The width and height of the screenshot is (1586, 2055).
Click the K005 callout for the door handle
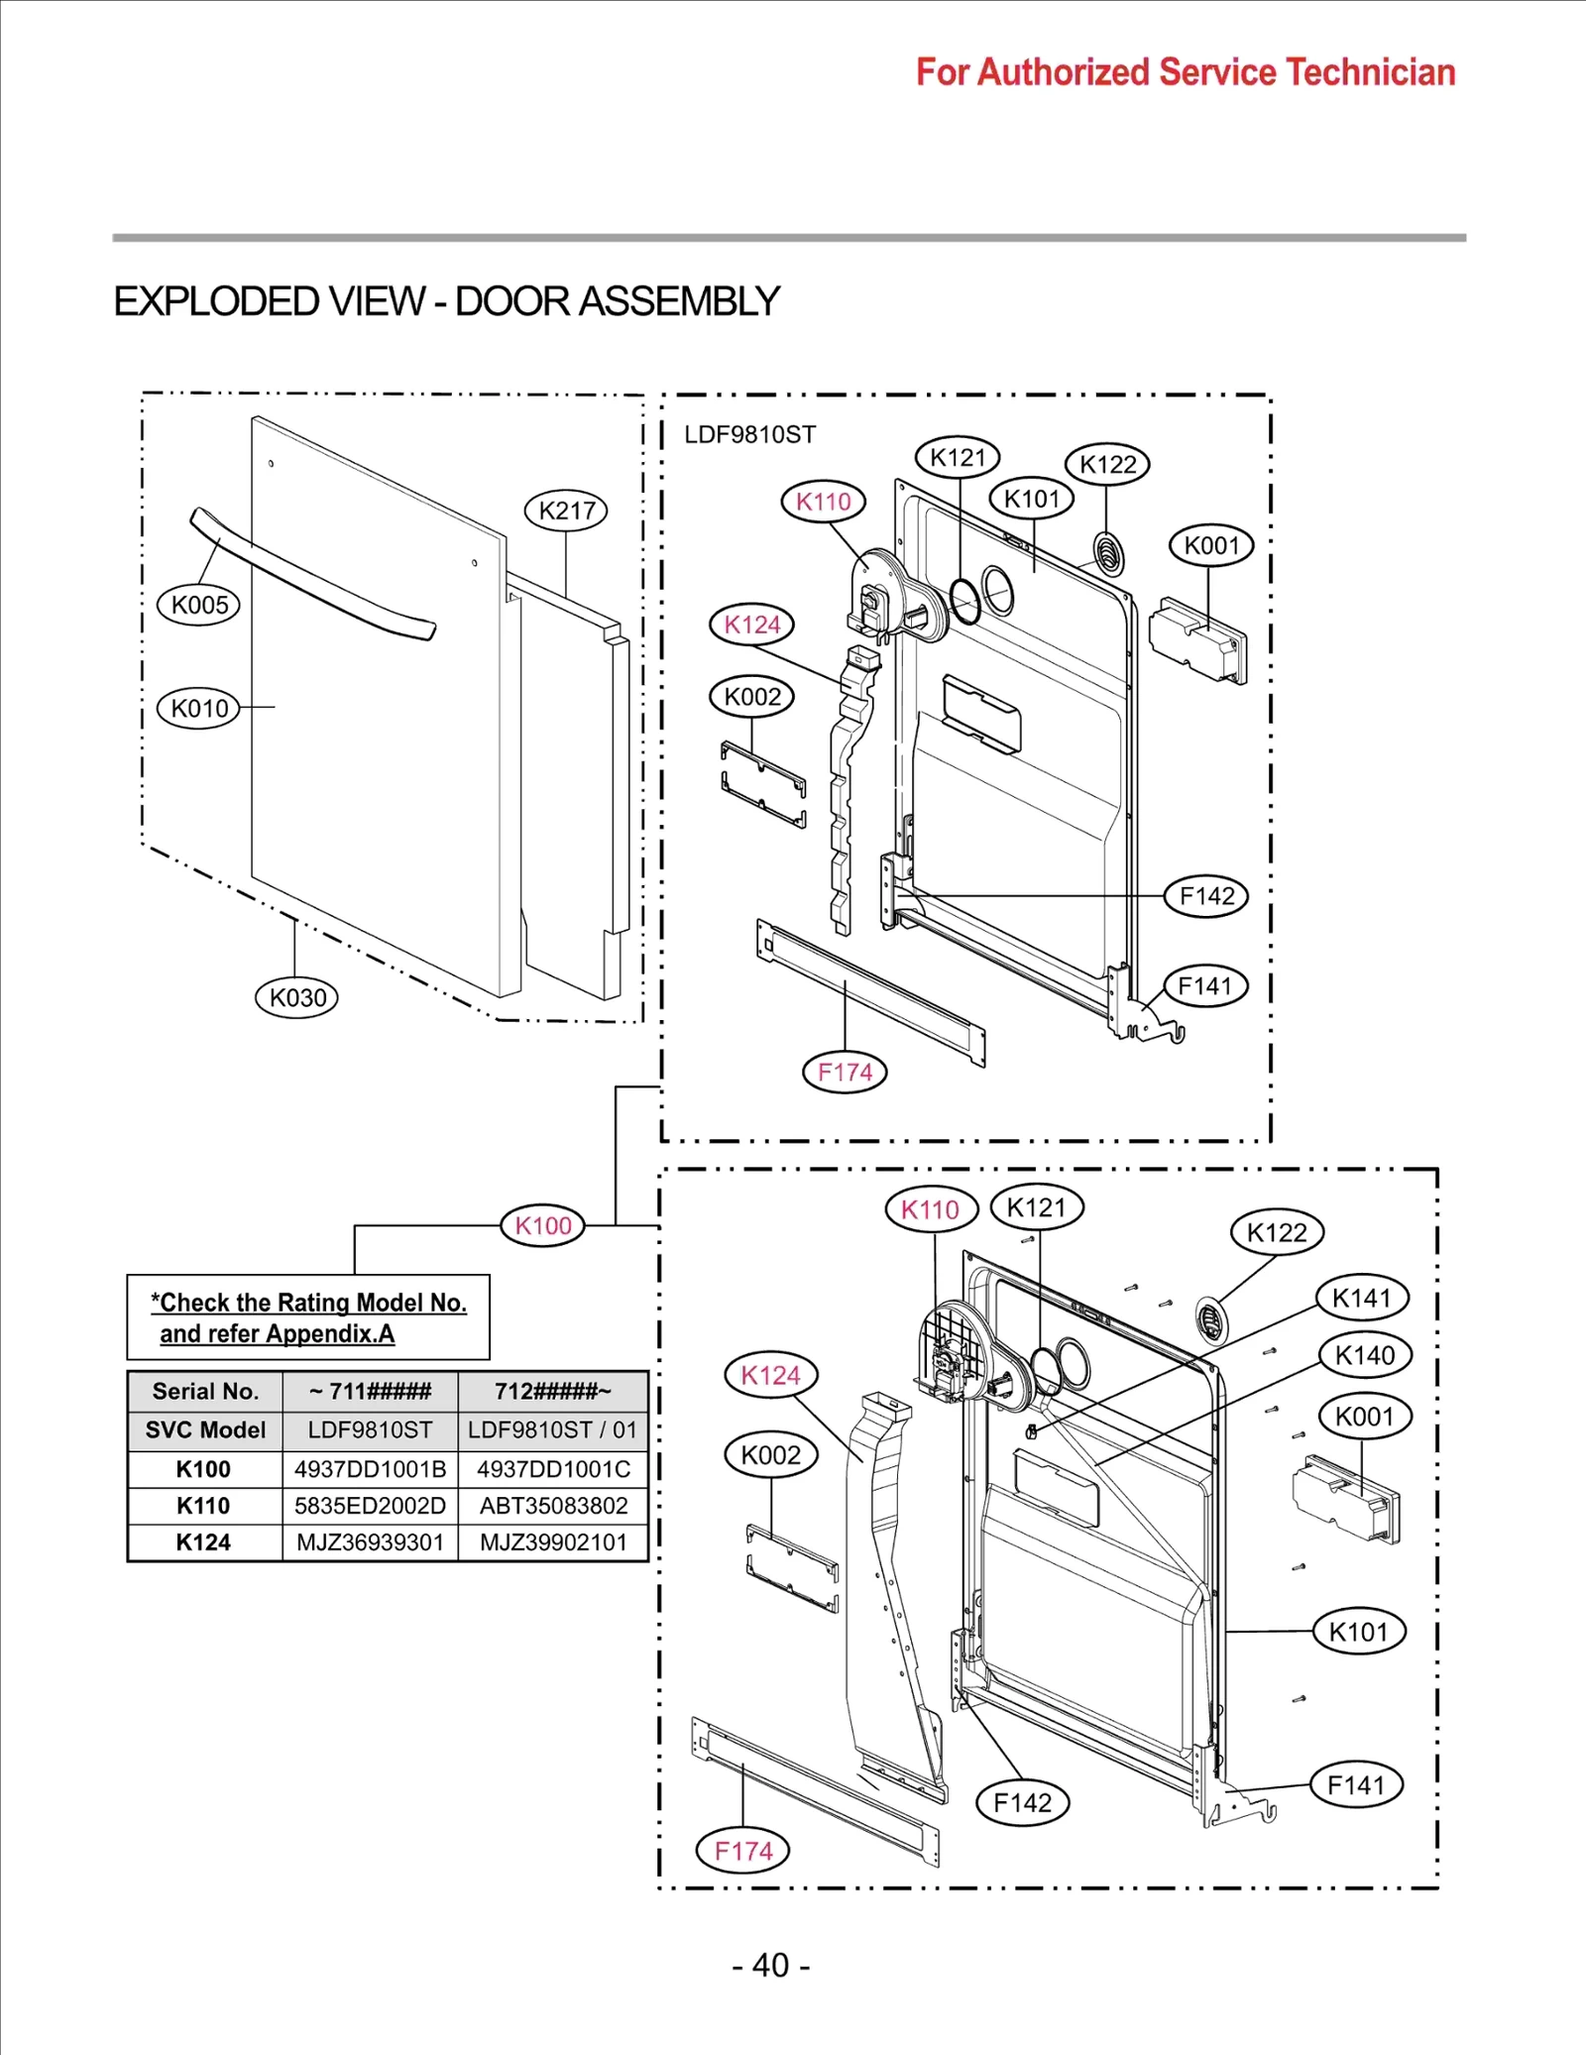click(x=198, y=605)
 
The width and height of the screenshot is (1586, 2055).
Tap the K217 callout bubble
click(x=566, y=511)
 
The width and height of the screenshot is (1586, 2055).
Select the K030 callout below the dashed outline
click(x=296, y=997)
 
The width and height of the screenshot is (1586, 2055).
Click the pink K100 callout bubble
click(x=543, y=1225)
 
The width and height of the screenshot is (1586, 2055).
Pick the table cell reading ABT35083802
click(x=553, y=1506)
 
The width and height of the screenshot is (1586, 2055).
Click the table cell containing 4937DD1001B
click(x=370, y=1469)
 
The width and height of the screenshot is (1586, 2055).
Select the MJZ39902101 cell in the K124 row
click(x=553, y=1542)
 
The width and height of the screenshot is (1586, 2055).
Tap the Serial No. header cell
click(x=205, y=1391)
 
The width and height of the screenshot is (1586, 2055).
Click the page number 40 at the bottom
click(x=770, y=1965)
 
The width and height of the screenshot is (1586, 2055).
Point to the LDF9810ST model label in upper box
click(x=749, y=434)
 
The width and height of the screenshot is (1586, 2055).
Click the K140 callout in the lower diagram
click(x=1365, y=1355)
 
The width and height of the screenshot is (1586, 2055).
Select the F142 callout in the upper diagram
click(x=1206, y=896)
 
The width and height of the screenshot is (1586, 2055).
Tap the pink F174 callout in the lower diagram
click(x=743, y=1851)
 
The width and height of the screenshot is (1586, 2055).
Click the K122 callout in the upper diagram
click(x=1107, y=464)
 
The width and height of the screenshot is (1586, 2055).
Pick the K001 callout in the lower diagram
click(x=1365, y=1417)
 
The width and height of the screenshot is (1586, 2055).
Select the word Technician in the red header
click(x=1370, y=72)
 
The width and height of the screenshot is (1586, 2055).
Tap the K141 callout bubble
click(x=1362, y=1298)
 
